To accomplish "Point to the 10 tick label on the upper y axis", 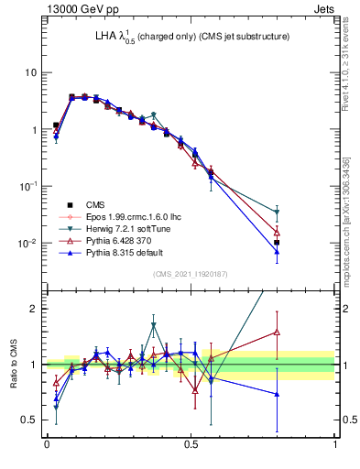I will pyautogui.click(x=29, y=72).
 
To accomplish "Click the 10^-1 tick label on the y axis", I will pyautogui.click(x=27, y=186).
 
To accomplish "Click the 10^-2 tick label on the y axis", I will pyautogui.click(x=27, y=244).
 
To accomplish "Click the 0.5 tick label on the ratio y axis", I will pyautogui.click(x=30, y=420).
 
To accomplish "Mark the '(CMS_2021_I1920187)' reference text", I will pyautogui.click(x=191, y=274).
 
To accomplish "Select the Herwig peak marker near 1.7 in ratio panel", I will pyautogui.click(x=154, y=325).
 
